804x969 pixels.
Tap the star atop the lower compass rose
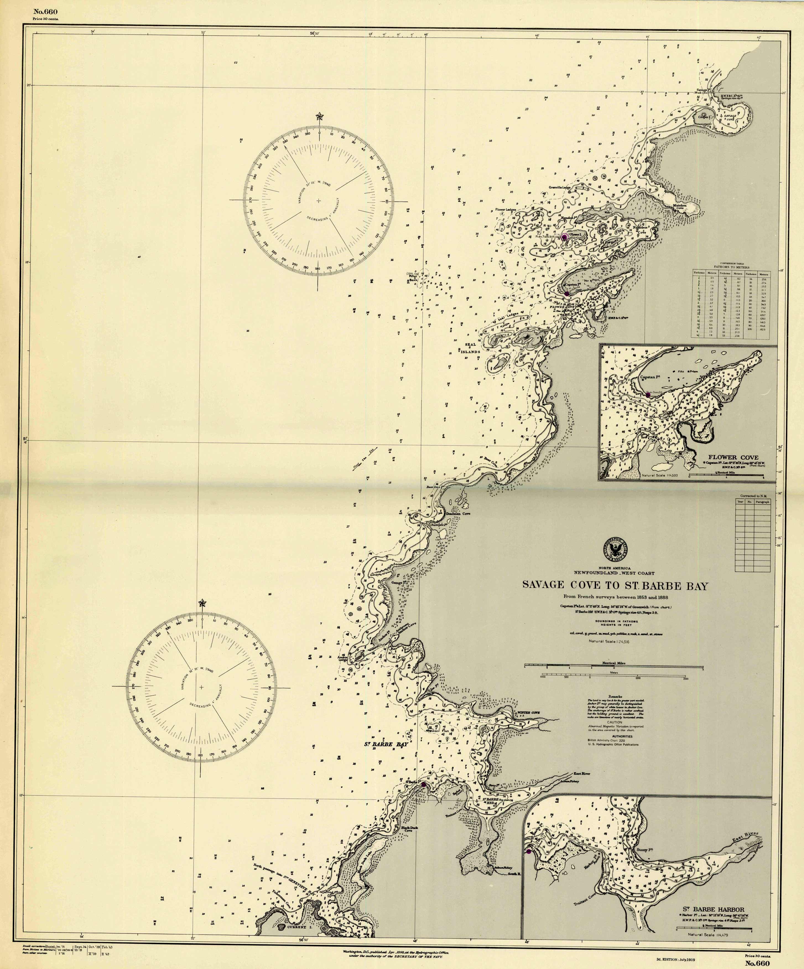(x=202, y=603)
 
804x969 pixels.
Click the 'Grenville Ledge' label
(x=560, y=187)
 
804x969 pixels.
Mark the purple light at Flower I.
(x=564, y=237)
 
